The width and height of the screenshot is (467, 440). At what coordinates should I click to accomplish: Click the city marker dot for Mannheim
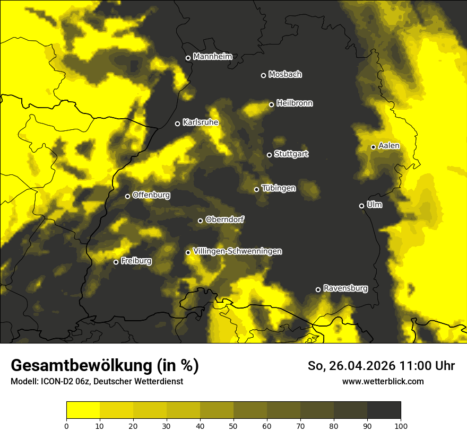[188, 58]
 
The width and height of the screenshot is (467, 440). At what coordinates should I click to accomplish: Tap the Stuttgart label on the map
[291, 154]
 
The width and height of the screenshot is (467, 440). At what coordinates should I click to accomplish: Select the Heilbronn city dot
[271, 104]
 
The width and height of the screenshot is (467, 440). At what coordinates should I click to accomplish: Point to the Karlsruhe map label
[200, 122]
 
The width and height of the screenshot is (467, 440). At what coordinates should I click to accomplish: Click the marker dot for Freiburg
[116, 262]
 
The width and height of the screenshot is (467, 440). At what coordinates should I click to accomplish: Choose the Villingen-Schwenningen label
[237, 251]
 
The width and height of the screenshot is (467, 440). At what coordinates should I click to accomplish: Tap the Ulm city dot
[361, 206]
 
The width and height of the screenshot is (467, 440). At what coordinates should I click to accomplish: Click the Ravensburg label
[345, 288]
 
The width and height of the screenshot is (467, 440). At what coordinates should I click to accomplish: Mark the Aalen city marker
[373, 147]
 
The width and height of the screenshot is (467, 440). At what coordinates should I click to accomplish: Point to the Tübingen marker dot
[256, 189]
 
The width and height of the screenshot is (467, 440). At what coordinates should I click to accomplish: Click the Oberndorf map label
[224, 219]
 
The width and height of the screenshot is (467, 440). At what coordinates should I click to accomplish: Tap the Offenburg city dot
[127, 196]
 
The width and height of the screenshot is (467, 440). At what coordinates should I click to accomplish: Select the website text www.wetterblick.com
[383, 381]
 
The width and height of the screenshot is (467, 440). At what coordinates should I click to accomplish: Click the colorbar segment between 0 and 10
[83, 410]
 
